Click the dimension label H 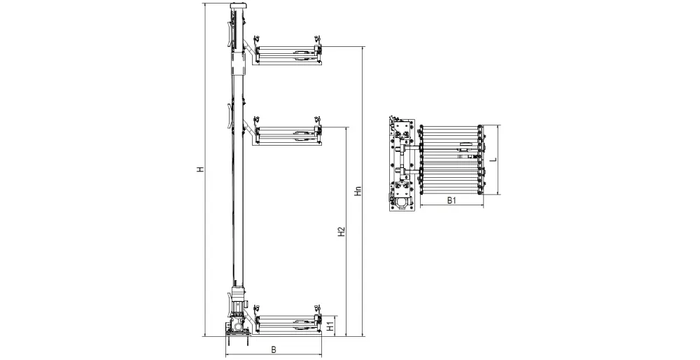tap(201, 169)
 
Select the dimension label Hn tap(358, 191)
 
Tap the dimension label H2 tap(342, 232)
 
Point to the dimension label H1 tap(330, 326)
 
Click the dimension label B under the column tap(274, 349)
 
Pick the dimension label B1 tap(451, 200)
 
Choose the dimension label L tap(493, 160)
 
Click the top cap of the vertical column tap(239, 6)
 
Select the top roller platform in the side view tap(287, 53)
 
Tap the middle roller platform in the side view tap(287, 133)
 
